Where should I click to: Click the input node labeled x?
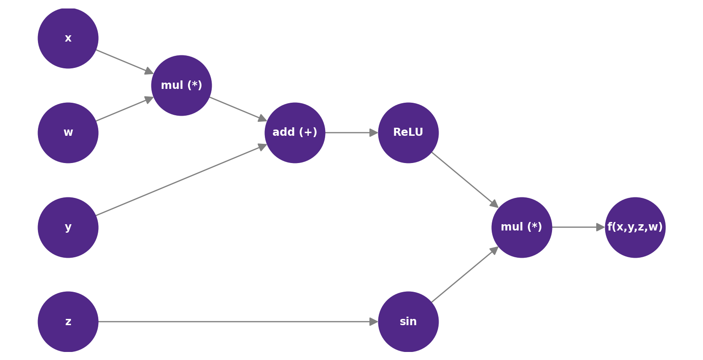(68, 38)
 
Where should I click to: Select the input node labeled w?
(68, 133)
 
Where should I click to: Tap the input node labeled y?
(68, 227)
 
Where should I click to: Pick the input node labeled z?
(68, 322)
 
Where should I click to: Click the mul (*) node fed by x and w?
(181, 85)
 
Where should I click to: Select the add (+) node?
(295, 133)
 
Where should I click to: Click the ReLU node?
(408, 133)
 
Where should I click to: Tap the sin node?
(408, 322)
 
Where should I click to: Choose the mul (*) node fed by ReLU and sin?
(522, 227)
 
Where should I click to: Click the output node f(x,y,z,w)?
(635, 227)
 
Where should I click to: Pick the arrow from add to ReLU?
(351, 133)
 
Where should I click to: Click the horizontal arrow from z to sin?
(237, 322)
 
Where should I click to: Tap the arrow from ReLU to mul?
(464, 180)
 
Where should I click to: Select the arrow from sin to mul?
(464, 275)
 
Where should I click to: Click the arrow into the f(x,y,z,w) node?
(578, 227)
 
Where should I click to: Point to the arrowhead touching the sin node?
(374, 322)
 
